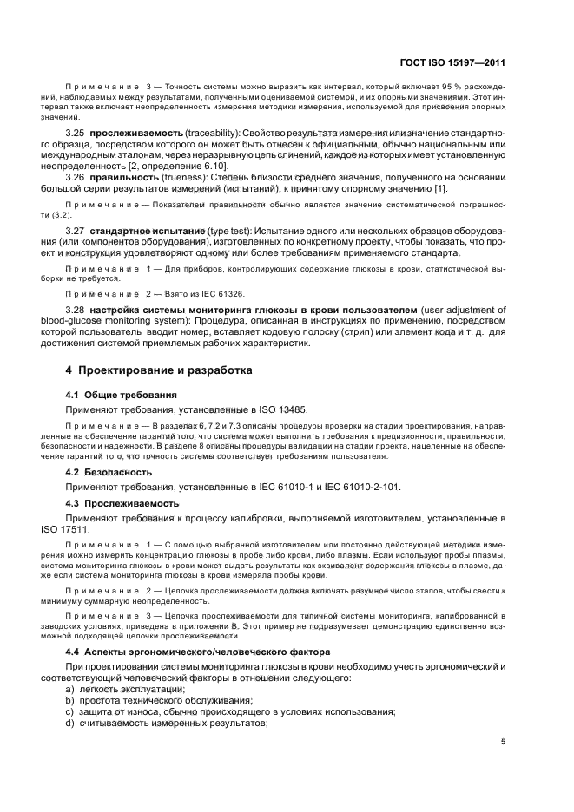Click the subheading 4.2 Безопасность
109,472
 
